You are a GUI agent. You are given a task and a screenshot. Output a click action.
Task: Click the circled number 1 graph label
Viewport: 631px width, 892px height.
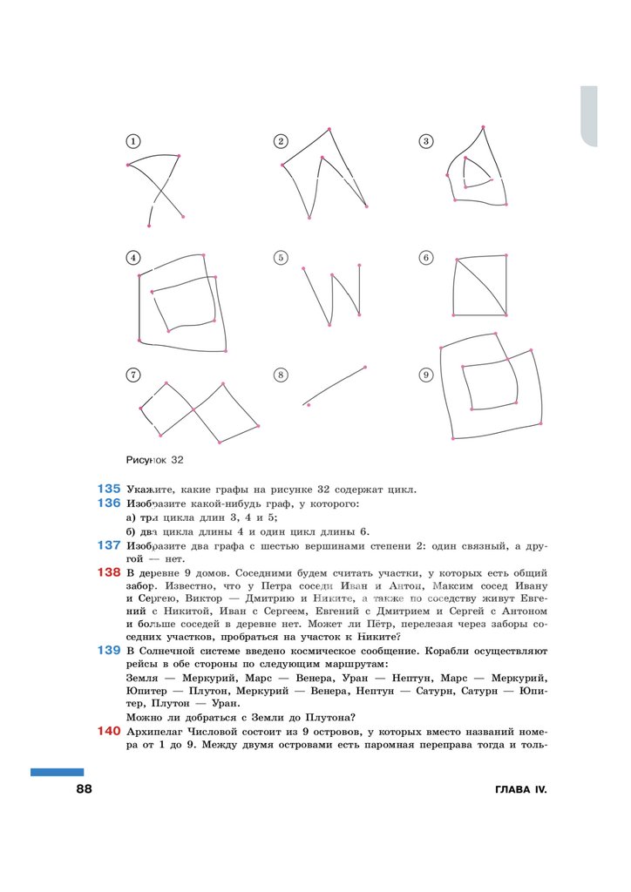[x=132, y=141]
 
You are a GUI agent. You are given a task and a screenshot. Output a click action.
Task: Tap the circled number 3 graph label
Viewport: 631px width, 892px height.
[x=426, y=141]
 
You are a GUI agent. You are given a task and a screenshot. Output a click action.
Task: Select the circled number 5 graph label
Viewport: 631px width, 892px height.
[x=281, y=258]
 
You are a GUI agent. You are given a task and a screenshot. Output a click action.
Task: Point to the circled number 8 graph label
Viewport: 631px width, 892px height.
[x=281, y=375]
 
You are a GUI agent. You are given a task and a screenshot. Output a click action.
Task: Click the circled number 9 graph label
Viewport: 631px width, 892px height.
[x=426, y=375]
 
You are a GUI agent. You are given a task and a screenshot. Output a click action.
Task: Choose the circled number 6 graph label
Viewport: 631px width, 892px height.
[x=426, y=258]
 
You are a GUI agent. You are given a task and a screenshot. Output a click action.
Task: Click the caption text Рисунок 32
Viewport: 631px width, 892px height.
[x=155, y=459]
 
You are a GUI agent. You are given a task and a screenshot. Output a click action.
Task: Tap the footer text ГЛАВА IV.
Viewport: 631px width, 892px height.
[x=520, y=790]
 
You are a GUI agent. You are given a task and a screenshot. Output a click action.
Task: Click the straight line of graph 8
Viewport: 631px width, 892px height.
[x=336, y=384]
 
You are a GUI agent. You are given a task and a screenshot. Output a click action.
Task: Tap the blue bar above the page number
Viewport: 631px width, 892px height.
[x=58, y=772]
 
